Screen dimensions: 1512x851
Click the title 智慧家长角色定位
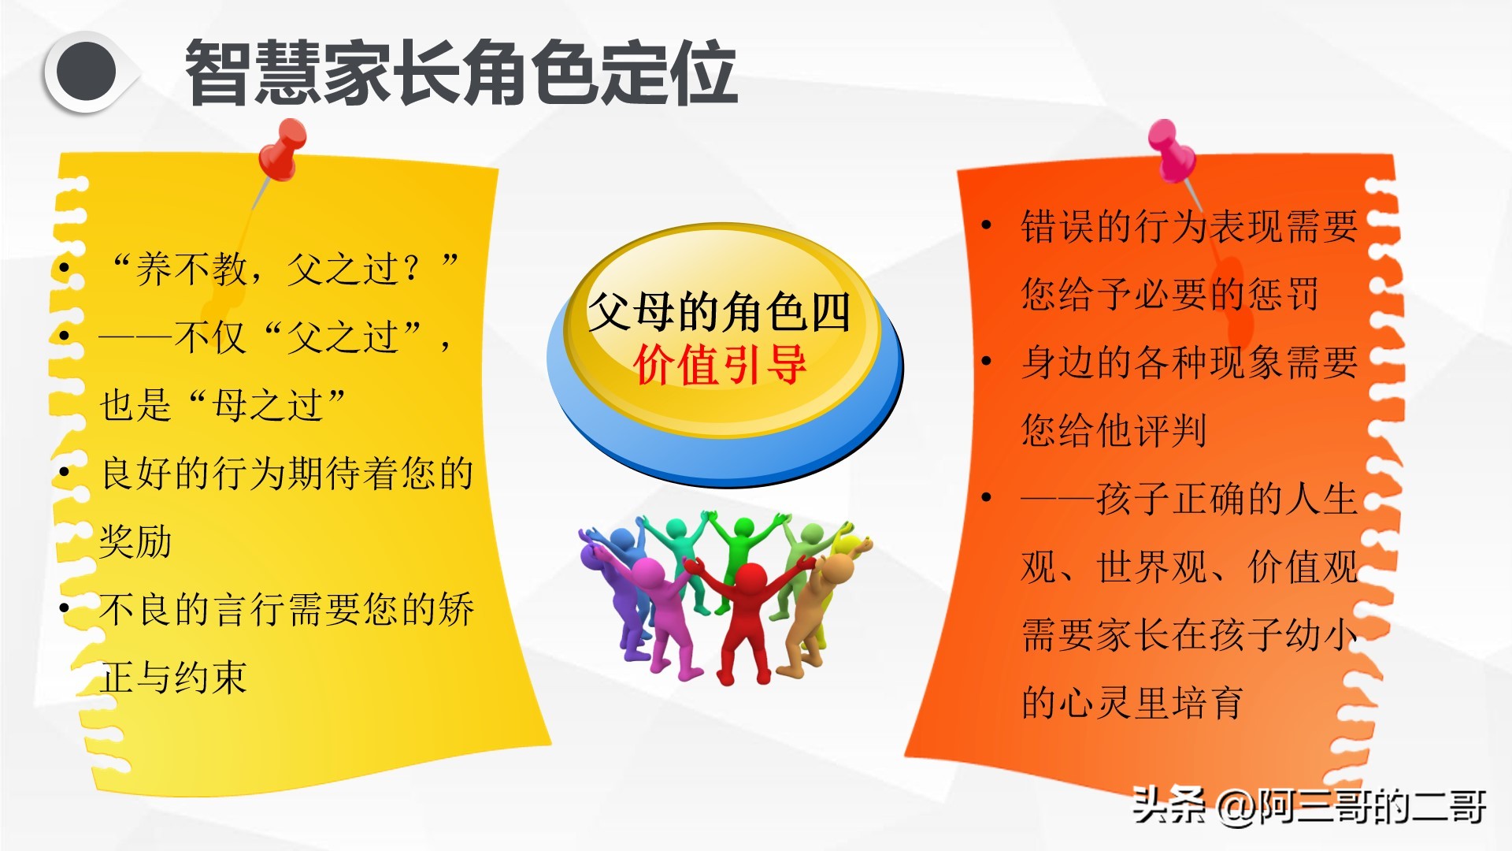pyautogui.click(x=461, y=72)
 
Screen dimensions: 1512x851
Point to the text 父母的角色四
pyautogui.click(x=719, y=311)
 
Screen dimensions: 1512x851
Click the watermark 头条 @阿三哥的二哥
pyautogui.click(x=1309, y=805)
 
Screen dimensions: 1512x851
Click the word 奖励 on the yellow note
pyautogui.click(x=135, y=541)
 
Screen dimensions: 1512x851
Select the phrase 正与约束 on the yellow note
pyautogui.click(x=173, y=677)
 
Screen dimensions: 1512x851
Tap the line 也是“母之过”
pyautogui.click(x=223, y=405)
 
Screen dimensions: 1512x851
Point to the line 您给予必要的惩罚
pyautogui.click(x=1169, y=294)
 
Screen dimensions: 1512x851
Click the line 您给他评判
pyautogui.click(x=1114, y=430)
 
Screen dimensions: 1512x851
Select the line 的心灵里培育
pyautogui.click(x=1132, y=702)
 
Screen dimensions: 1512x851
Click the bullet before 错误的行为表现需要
pyautogui.click(x=986, y=225)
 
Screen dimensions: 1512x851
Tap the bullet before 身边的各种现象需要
pyautogui.click(x=986, y=362)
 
